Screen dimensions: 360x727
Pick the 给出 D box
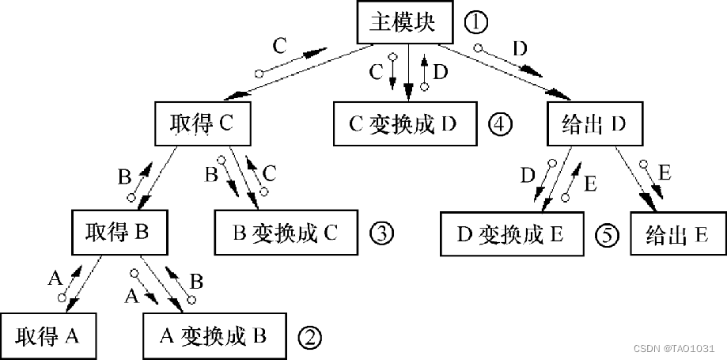click(593, 124)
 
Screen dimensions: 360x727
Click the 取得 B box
click(117, 232)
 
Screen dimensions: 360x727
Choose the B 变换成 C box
click(286, 232)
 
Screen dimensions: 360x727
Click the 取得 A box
click(47, 336)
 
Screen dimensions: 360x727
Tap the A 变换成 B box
click(214, 336)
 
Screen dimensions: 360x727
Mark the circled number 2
click(309, 338)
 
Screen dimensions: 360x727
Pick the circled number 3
click(381, 233)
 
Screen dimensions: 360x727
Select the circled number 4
click(500, 124)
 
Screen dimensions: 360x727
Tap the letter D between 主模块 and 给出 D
click(520, 48)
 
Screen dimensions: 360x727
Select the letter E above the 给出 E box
click(665, 172)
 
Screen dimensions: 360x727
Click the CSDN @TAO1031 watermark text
click(677, 348)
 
